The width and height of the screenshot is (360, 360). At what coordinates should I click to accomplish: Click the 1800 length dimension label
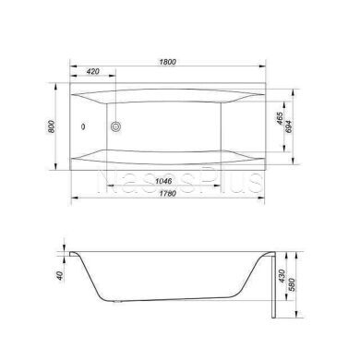click(x=168, y=62)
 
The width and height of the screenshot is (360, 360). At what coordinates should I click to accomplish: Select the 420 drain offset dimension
click(x=93, y=71)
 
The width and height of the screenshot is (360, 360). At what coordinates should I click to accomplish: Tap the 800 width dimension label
click(x=52, y=126)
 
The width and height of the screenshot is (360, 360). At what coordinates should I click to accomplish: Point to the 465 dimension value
click(x=280, y=118)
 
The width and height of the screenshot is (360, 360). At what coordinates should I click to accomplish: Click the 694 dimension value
click(x=289, y=126)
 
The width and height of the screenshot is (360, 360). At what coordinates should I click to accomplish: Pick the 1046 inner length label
click(x=163, y=181)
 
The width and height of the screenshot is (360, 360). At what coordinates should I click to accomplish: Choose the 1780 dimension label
click(x=168, y=194)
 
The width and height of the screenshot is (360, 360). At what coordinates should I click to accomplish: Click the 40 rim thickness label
click(x=60, y=275)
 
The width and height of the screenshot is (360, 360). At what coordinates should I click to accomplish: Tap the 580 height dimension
click(x=293, y=284)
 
